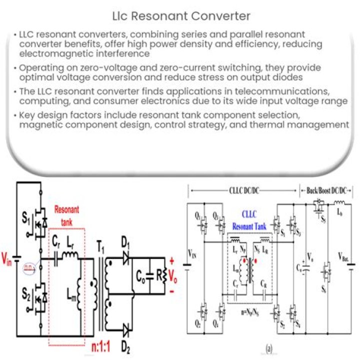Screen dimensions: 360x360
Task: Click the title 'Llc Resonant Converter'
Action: (179, 16)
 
